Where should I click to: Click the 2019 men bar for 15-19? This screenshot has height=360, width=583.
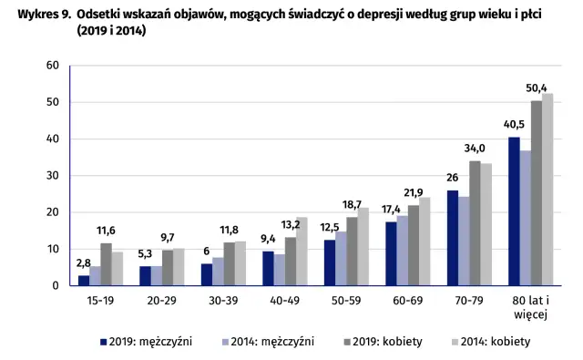(84, 281)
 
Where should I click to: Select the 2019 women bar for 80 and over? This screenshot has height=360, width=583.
(537, 193)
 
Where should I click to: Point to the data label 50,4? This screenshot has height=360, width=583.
(537, 87)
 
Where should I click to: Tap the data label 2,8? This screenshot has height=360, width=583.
(83, 263)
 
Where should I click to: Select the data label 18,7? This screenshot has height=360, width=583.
(351, 205)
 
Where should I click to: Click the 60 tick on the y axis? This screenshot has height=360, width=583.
(52, 66)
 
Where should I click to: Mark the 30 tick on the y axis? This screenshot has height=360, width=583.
(52, 176)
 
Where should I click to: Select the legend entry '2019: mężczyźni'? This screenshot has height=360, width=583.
(138, 342)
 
